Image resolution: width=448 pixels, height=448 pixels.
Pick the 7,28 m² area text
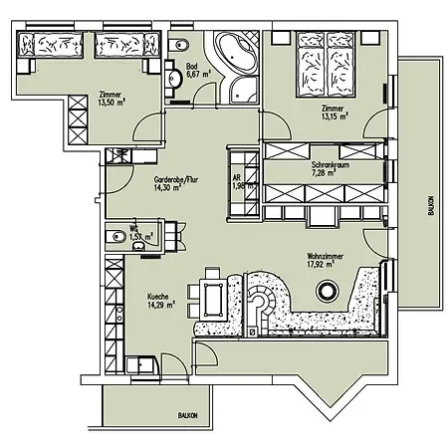(x=324, y=172)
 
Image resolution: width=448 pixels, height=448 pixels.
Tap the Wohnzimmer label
(x=328, y=257)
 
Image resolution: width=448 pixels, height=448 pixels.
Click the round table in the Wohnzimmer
(x=327, y=292)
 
